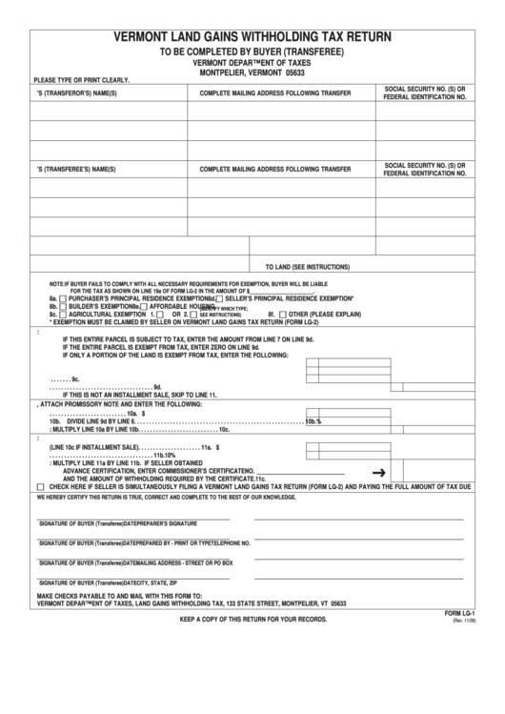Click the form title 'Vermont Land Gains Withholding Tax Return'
[x=252, y=38]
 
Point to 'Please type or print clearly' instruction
[x=81, y=80]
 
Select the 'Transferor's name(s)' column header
[x=75, y=93]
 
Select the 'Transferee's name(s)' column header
[x=75, y=169]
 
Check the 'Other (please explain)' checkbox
[x=283, y=314]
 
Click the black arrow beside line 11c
[x=377, y=472]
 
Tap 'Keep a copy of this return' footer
[x=253, y=620]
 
